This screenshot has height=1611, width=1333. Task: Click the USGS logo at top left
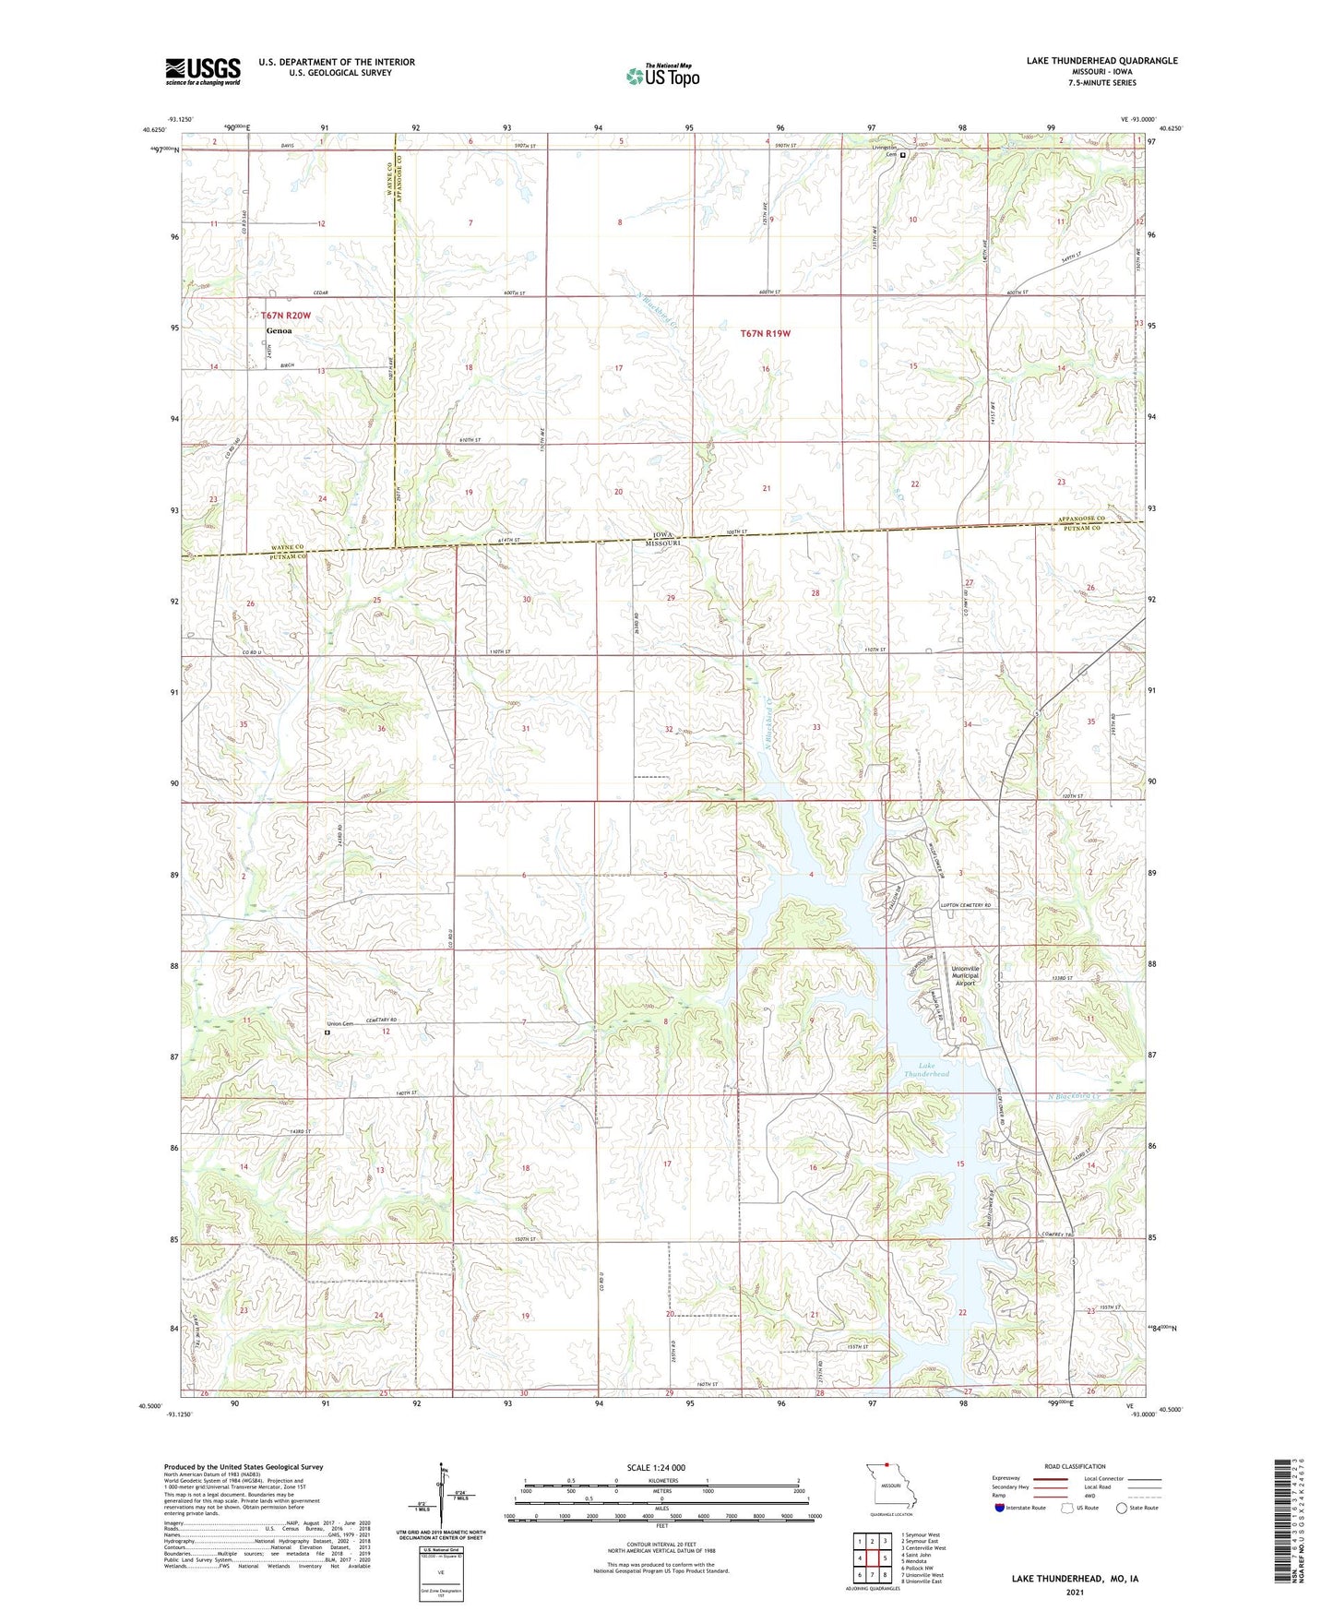coord(203,71)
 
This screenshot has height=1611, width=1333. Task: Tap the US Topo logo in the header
coord(661,76)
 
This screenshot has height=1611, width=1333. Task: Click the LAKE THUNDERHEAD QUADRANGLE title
coord(1101,61)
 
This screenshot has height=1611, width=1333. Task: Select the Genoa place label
coord(279,330)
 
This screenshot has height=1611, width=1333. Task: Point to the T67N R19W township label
coord(766,333)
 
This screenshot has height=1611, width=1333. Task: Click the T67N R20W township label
coord(286,316)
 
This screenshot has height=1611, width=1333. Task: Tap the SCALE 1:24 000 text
coord(656,1467)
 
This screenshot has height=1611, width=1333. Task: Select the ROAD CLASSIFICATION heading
coord(1075,1466)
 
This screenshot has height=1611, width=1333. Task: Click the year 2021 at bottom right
coord(1074,1592)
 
